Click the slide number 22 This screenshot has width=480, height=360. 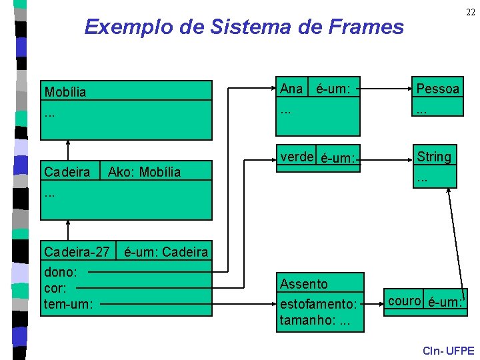pyautogui.click(x=470, y=13)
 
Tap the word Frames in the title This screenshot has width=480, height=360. pyautogui.click(x=370, y=27)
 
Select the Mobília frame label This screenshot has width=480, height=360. pyautogui.click(x=65, y=92)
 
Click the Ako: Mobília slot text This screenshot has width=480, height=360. pyautogui.click(x=145, y=172)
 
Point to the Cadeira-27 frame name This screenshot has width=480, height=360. pyautogui.click(x=76, y=252)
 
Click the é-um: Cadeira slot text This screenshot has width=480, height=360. pyautogui.click(x=166, y=252)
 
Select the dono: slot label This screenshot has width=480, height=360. pyautogui.click(x=60, y=273)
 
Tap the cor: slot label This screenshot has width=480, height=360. pyautogui.click(x=55, y=289)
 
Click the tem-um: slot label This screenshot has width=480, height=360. pyautogui.click(x=68, y=305)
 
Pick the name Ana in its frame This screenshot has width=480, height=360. pyautogui.click(x=291, y=89)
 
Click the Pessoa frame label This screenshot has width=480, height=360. pyautogui.click(x=437, y=89)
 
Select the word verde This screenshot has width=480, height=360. pyautogui.click(x=297, y=157)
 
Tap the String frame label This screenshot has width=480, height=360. pyautogui.click(x=434, y=157)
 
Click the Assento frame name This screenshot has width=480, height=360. pyautogui.click(x=304, y=284)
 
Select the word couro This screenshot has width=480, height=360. pyautogui.click(x=404, y=301)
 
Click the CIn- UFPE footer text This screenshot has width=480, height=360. pyautogui.click(x=448, y=351)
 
